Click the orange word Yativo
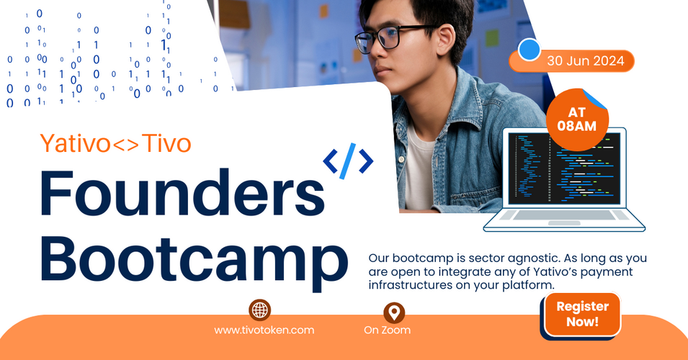[x=75, y=143]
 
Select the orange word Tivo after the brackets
[x=167, y=143]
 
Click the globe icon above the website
[x=259, y=310]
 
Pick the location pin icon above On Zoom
[x=393, y=312]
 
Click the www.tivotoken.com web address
[x=264, y=330]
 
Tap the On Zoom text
[x=387, y=330]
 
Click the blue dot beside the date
[x=530, y=50]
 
